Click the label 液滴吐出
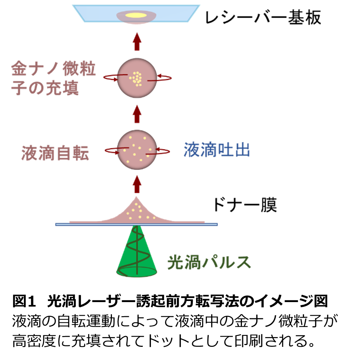click(x=217, y=150)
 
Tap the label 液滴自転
click(x=55, y=154)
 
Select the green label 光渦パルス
click(x=209, y=263)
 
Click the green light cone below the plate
click(x=137, y=253)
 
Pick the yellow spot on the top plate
click(x=136, y=16)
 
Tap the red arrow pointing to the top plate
click(x=137, y=42)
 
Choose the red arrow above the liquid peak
click(x=137, y=184)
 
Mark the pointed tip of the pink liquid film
click(x=136, y=197)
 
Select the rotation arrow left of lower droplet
click(x=112, y=150)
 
